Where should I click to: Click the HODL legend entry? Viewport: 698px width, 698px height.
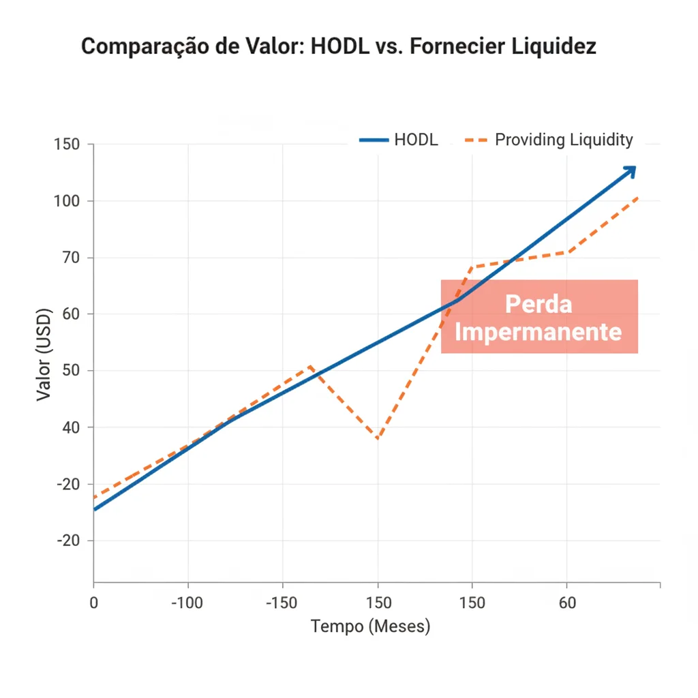(x=399, y=140)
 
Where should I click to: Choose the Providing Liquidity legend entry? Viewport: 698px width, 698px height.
(x=549, y=140)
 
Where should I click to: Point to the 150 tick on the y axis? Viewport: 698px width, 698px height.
(x=66, y=145)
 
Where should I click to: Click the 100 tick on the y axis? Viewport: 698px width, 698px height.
(x=66, y=201)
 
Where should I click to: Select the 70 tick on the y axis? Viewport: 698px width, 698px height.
(x=70, y=258)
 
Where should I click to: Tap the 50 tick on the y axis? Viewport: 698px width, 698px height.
(x=70, y=371)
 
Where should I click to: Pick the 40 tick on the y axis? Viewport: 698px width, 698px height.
(x=70, y=427)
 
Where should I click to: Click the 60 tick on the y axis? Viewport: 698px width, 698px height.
(x=70, y=314)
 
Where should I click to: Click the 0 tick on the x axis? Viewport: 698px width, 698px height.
(x=94, y=603)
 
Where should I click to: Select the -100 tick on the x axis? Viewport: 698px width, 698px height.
(x=187, y=603)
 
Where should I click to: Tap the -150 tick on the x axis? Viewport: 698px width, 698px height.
(x=282, y=603)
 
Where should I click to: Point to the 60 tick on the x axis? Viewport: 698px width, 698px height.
(x=566, y=603)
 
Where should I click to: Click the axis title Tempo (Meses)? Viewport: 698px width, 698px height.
(x=370, y=626)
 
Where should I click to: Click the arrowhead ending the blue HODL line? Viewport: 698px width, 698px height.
(x=631, y=170)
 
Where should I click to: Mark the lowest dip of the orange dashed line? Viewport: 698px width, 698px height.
(x=377, y=438)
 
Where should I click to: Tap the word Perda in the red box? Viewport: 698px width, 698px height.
(x=538, y=304)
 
